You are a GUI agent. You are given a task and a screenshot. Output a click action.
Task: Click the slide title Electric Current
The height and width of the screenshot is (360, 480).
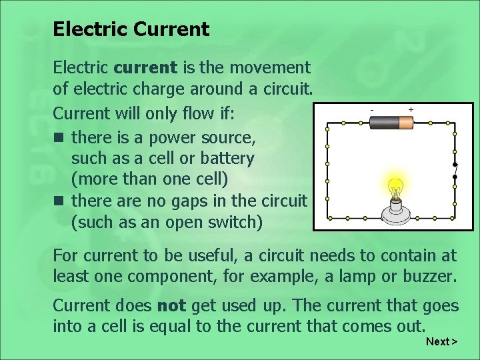pyautogui.click(x=131, y=29)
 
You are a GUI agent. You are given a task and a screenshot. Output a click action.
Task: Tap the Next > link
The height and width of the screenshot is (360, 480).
pyautogui.click(x=441, y=341)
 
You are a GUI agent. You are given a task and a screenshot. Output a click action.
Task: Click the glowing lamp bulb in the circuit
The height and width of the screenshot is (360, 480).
pyautogui.click(x=395, y=189)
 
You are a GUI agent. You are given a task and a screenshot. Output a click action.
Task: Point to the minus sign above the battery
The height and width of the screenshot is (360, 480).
pyautogui.click(x=372, y=109)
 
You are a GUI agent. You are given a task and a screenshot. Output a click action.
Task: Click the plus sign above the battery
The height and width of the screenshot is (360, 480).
pyautogui.click(x=411, y=109)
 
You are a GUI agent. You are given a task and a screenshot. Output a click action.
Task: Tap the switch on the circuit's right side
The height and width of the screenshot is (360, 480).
pyautogui.click(x=455, y=171)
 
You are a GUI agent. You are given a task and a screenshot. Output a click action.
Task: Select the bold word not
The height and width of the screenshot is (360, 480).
pyautogui.click(x=171, y=306)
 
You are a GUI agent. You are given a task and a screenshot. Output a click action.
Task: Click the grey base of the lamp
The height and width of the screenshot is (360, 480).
pyautogui.click(x=395, y=212)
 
